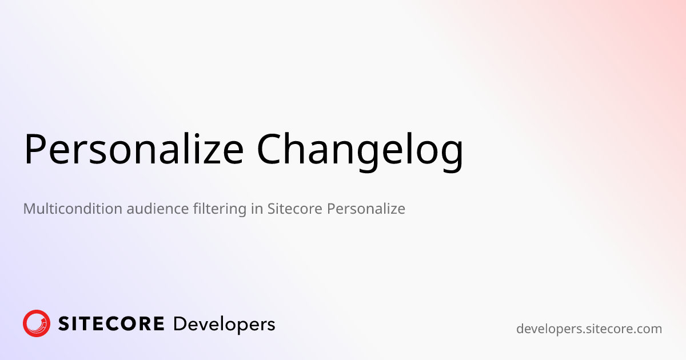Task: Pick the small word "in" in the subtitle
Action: pyautogui.click(x=257, y=209)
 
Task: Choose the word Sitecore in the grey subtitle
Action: pyautogui.click(x=295, y=209)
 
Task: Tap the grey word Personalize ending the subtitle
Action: pyautogui.click(x=366, y=209)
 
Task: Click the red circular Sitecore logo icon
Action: pyautogui.click(x=37, y=323)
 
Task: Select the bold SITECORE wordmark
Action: pyautogui.click(x=111, y=324)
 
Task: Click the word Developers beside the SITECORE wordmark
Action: pyautogui.click(x=224, y=325)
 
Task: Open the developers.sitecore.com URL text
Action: pyautogui.click(x=589, y=329)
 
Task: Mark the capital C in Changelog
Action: pyautogui.click(x=270, y=150)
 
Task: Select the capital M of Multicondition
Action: pyautogui.click(x=29, y=209)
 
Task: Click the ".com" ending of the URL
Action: pyautogui.click(x=649, y=330)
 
